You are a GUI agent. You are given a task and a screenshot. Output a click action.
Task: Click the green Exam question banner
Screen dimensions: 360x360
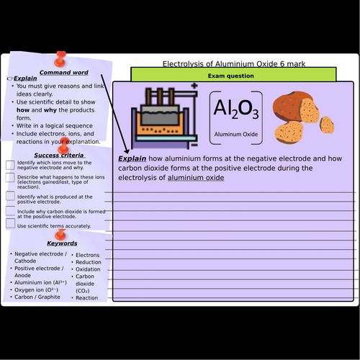[x=233, y=75]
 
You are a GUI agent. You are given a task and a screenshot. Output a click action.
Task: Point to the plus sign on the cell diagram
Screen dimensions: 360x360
[x=194, y=88]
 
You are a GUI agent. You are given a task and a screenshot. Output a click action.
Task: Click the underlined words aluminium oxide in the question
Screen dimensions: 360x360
[x=196, y=177]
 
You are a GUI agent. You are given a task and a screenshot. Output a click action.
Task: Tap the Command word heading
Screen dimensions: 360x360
[x=64, y=72]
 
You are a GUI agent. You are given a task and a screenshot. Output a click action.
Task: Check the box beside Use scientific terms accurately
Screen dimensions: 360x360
[x=10, y=224]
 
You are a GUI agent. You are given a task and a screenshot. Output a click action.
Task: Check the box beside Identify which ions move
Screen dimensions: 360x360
[x=10, y=165]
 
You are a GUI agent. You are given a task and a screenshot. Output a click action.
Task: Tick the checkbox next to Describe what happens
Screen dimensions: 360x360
[x=10, y=180]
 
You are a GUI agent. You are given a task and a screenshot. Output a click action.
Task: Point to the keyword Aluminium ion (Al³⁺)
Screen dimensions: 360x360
[x=40, y=282]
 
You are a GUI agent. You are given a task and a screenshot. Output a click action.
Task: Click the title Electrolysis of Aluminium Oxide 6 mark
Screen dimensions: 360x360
[x=233, y=63]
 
